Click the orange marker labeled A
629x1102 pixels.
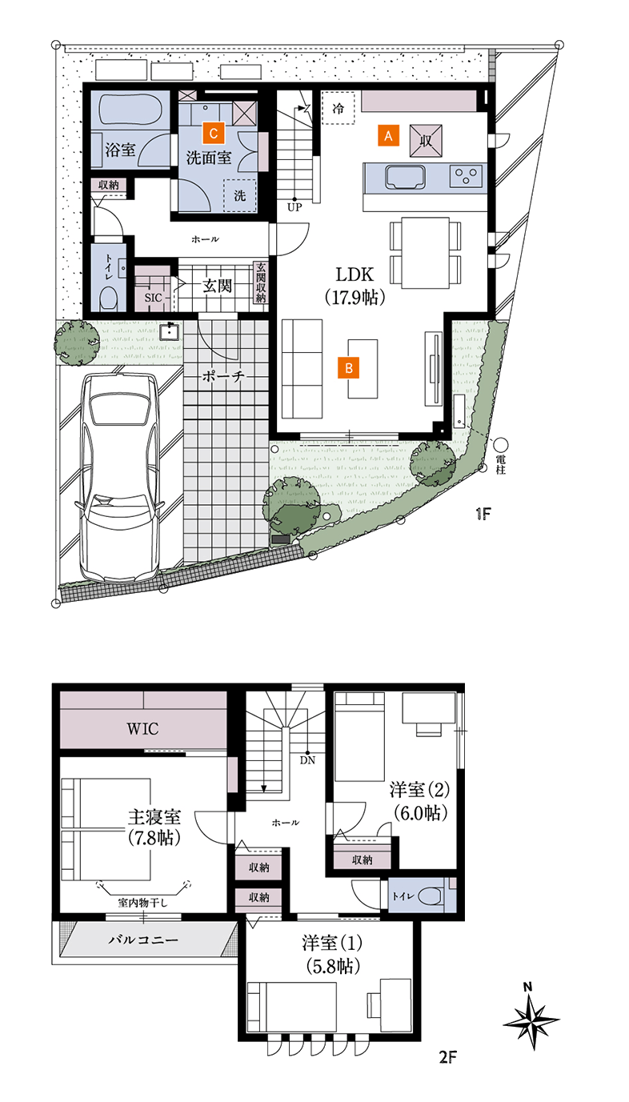click(x=387, y=136)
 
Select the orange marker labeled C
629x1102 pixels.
click(x=212, y=131)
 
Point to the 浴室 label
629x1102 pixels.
click(x=121, y=150)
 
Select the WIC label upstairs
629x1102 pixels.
click(x=143, y=729)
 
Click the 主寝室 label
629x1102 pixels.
click(x=154, y=817)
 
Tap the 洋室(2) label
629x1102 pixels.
click(x=419, y=789)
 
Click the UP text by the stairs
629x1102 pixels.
click(x=294, y=206)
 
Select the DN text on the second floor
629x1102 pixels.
click(x=307, y=760)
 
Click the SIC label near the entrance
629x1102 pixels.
click(x=153, y=297)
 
